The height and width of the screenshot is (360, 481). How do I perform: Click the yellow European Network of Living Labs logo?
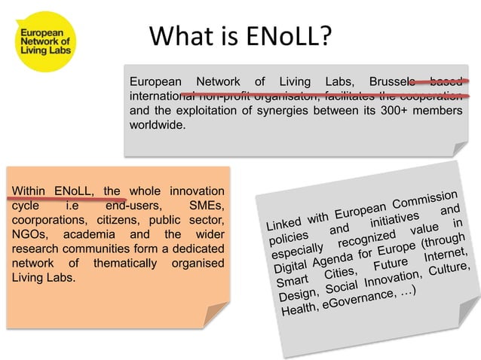tap(44, 44)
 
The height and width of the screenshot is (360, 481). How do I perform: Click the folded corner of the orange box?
tap(217, 314)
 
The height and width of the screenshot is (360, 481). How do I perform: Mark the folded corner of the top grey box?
tap(455, 149)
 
